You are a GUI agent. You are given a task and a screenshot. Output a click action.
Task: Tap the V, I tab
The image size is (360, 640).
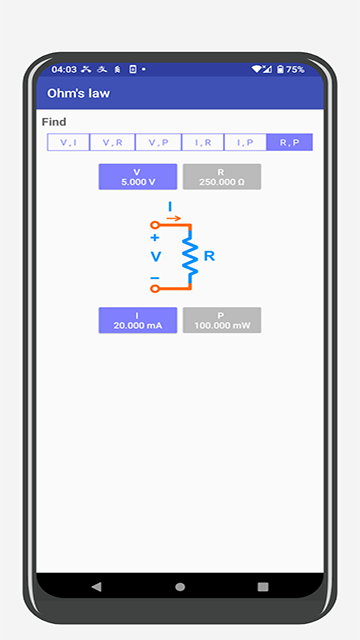coord(69,143)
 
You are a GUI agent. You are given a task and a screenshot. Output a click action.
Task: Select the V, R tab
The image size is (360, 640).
coord(113,143)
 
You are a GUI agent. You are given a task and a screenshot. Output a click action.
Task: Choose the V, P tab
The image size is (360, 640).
coord(157,143)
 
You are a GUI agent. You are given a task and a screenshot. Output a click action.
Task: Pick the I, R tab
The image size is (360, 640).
coord(201,143)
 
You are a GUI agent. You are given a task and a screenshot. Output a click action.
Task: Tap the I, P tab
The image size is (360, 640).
coord(245,143)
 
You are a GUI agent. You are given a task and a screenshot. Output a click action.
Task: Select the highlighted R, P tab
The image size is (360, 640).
coord(289,143)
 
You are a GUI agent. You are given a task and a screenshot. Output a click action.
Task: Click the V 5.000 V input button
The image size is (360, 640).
coord(137,177)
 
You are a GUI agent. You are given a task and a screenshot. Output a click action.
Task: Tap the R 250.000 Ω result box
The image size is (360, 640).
coord(221,177)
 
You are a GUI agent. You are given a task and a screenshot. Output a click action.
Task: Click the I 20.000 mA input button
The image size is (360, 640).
coord(137,320)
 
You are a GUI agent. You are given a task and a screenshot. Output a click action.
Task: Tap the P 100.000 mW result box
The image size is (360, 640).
coord(221,320)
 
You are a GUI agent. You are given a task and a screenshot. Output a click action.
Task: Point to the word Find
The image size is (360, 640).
coord(54,122)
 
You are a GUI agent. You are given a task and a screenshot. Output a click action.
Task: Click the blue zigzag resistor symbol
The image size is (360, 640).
coord(188,257)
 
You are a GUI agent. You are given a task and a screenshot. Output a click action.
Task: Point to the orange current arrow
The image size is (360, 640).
coord(173,217)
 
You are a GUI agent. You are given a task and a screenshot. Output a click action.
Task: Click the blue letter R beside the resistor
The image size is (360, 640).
coord(209,256)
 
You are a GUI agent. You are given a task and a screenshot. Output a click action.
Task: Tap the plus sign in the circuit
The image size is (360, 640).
coord(155,238)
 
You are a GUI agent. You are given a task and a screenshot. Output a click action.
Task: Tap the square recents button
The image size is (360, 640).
coord(263,586)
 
